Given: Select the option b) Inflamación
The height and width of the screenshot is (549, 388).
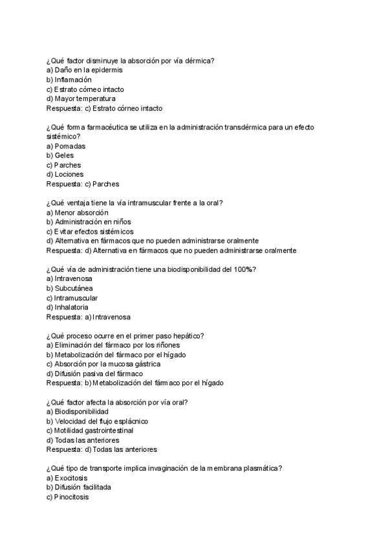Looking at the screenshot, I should (x=69, y=80).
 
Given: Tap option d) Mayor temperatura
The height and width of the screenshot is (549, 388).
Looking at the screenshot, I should (x=81, y=98).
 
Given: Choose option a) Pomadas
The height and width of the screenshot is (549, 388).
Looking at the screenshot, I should (x=66, y=146).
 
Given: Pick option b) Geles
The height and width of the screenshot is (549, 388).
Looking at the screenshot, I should (x=60, y=155).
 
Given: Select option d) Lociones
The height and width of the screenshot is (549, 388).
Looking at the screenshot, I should (x=65, y=174).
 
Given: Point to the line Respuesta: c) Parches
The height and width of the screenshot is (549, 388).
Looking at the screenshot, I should (x=83, y=184).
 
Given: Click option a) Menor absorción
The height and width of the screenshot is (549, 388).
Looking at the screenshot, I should (x=78, y=212).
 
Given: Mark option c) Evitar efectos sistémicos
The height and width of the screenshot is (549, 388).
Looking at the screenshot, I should (x=90, y=231).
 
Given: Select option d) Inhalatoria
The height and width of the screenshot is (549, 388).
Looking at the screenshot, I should (x=67, y=307).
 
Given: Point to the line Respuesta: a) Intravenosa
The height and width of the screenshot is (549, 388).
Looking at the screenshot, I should (x=89, y=317).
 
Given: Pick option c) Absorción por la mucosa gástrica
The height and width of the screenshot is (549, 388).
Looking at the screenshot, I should (x=104, y=364).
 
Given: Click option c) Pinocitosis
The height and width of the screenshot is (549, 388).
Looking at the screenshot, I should (x=68, y=497).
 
